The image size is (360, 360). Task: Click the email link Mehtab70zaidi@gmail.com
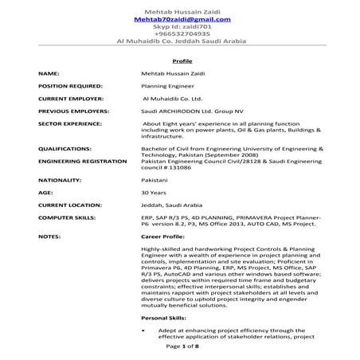click(x=179, y=18)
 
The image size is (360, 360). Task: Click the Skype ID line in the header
click(x=179, y=26)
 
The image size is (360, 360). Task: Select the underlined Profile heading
click(x=182, y=61)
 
